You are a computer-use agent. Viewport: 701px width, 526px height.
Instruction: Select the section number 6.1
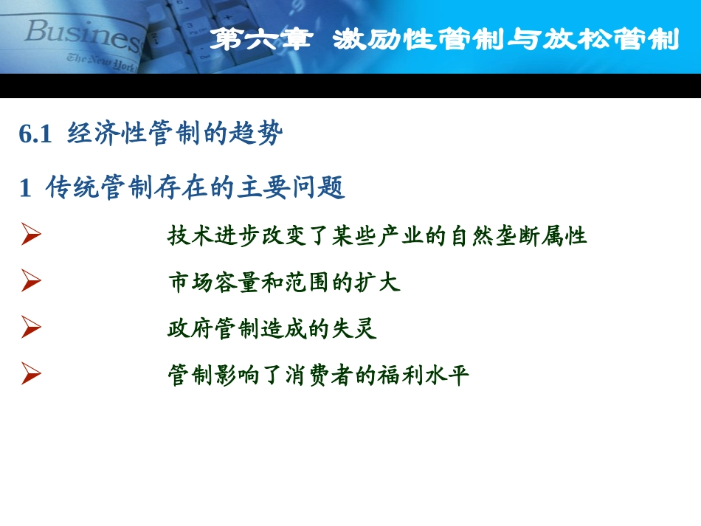36,134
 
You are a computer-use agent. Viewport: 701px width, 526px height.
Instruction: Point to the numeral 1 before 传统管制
26,188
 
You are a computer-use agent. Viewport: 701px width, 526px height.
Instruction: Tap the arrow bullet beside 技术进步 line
30,236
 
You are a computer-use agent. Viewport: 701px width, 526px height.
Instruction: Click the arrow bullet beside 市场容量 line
30,282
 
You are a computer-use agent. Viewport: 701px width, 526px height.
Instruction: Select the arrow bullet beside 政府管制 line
30,328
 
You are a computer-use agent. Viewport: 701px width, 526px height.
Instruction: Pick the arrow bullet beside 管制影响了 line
30,375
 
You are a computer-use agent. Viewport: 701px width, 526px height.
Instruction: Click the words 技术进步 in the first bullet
214,236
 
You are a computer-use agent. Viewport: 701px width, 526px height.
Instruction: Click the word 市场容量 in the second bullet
214,282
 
